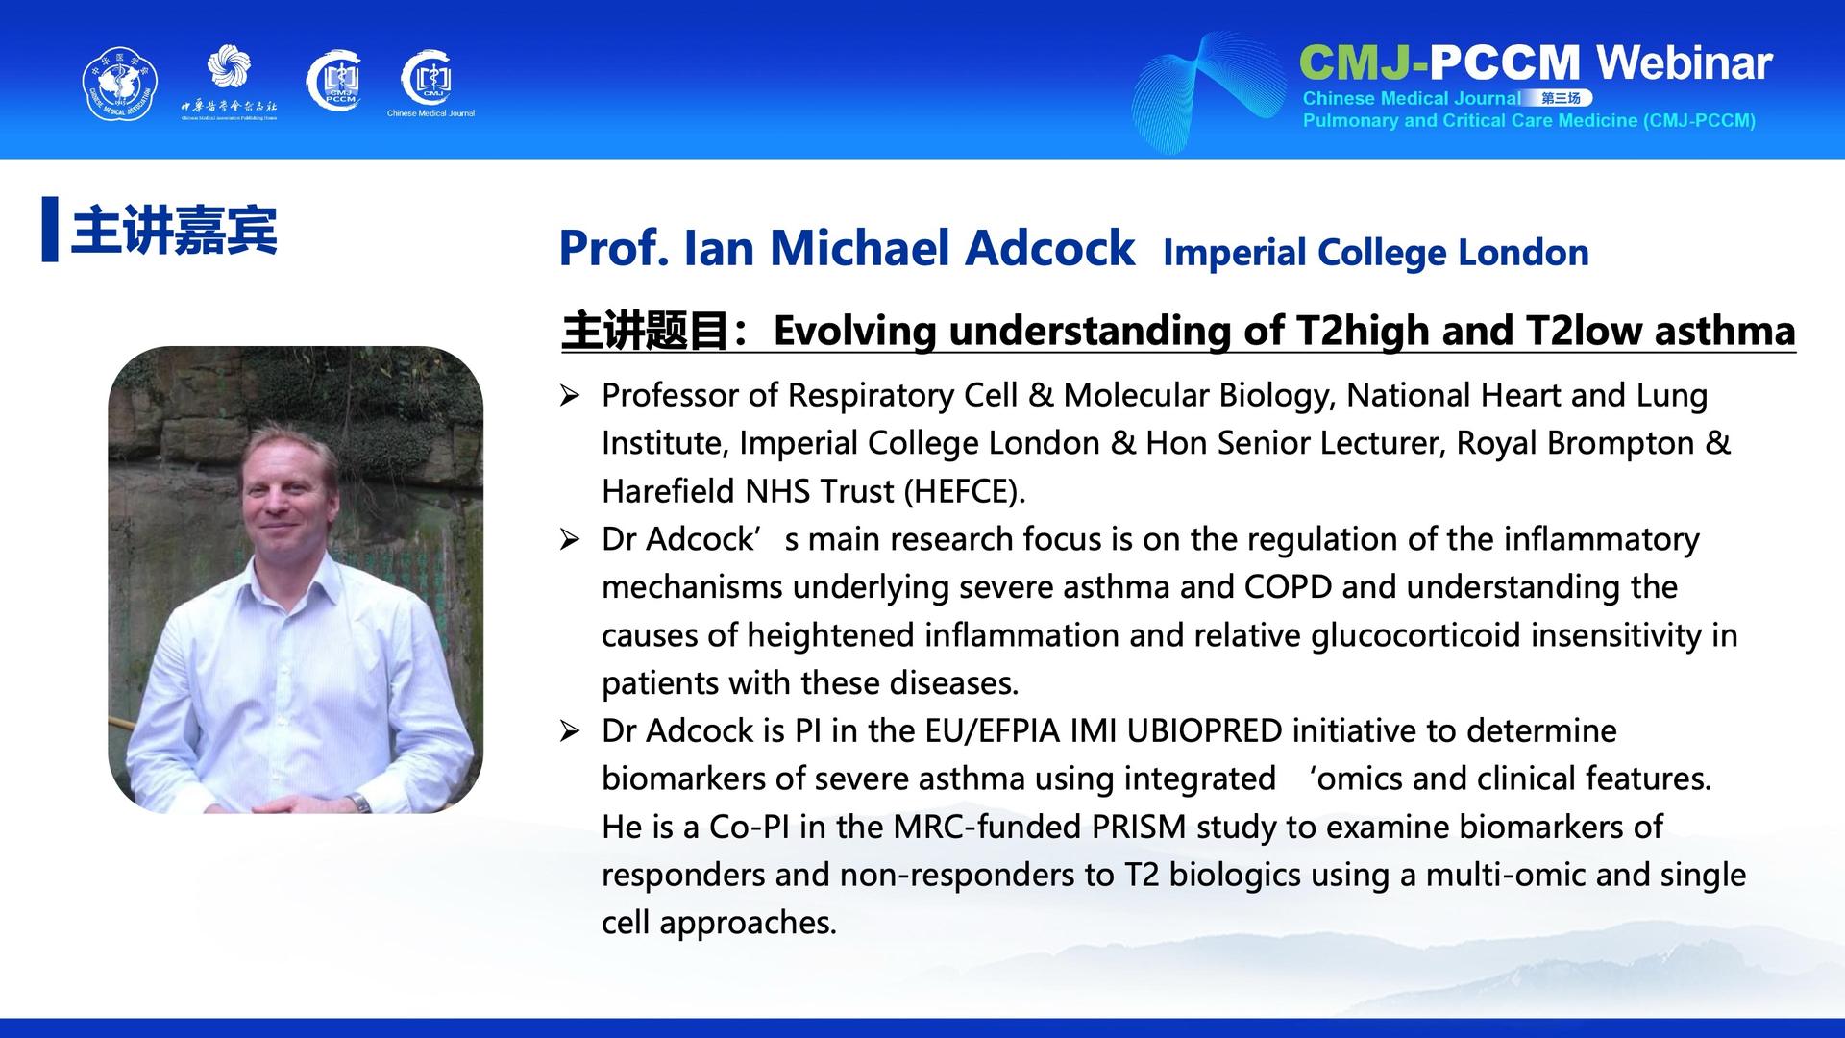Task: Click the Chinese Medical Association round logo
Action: (119, 86)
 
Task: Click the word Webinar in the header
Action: (1685, 62)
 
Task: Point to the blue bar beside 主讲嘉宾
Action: (50, 229)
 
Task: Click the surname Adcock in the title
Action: (1049, 248)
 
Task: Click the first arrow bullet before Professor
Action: (570, 395)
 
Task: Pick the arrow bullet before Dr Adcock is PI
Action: (570, 731)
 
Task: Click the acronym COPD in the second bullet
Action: (1288, 587)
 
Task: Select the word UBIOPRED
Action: (1205, 731)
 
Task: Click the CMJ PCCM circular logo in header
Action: (333, 82)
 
